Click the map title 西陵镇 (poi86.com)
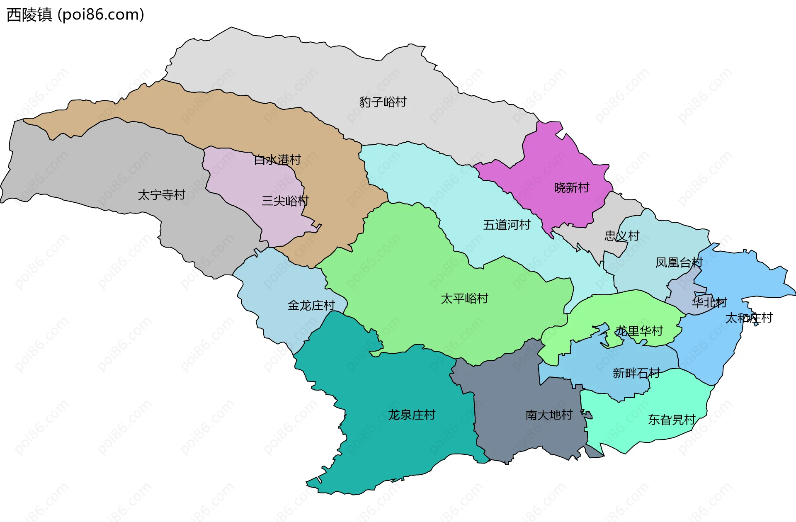point(75,15)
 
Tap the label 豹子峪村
point(383,102)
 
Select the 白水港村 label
point(277,160)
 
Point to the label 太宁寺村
point(161,195)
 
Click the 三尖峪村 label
point(285,201)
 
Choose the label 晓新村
point(572,188)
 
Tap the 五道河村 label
point(507,225)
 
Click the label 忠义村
point(622,236)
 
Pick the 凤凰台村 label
point(679,262)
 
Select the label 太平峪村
point(464,299)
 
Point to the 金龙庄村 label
point(311,306)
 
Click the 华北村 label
point(709,302)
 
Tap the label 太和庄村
point(749,318)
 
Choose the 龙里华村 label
point(639,331)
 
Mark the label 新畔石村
point(636,373)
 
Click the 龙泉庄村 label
point(412,415)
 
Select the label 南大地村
point(549,415)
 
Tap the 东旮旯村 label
point(672,420)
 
